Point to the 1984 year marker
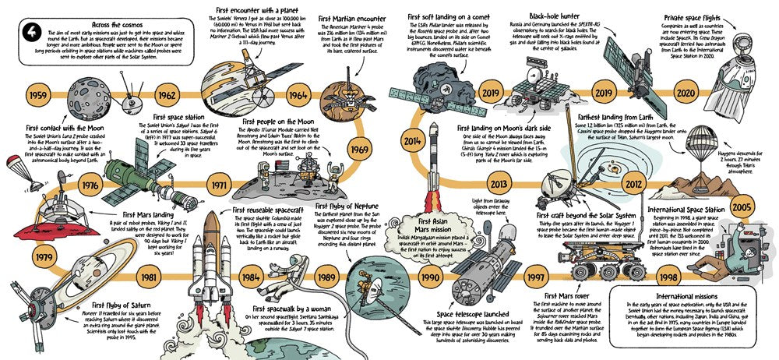(x=250, y=277)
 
